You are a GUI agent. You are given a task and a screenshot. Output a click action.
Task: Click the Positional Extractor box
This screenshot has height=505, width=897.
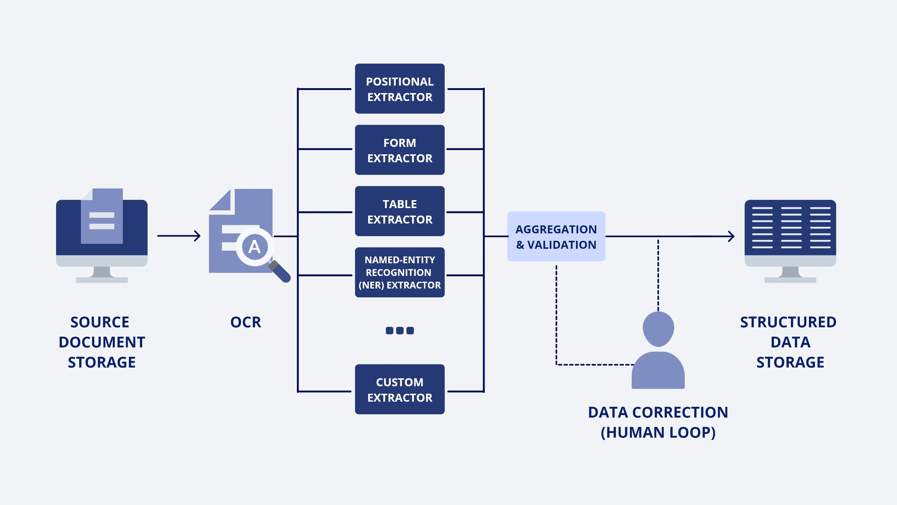pos(399,89)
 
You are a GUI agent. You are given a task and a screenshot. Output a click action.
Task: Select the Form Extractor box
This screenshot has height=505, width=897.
pos(399,150)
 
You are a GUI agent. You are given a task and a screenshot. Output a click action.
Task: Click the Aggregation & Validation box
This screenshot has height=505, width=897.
pos(556,237)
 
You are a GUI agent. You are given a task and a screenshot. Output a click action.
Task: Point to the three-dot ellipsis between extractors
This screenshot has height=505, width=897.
pos(399,330)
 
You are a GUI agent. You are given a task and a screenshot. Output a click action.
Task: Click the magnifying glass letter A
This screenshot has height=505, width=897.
pos(255,247)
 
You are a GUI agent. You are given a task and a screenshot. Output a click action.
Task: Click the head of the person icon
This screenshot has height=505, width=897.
pos(658,329)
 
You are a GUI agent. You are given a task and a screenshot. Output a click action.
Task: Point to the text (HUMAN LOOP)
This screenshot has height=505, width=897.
pos(658,433)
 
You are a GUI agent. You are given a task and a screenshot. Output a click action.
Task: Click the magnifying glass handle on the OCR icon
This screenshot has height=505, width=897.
pos(281,272)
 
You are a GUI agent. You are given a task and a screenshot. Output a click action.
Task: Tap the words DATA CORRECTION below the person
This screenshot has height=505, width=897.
pos(658,412)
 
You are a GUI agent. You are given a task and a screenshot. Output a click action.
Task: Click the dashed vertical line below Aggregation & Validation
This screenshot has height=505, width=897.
pos(556,314)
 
